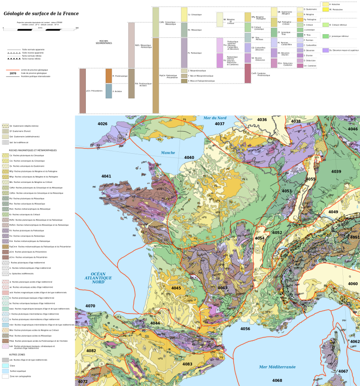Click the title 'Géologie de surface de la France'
(41, 13)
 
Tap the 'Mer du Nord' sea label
(215, 118)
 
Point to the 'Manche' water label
(168, 152)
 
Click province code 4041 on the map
(106, 176)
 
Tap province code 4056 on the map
(245, 329)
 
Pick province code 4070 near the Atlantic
(90, 306)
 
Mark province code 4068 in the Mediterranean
(277, 380)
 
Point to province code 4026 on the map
(102, 124)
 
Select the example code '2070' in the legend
(13, 73)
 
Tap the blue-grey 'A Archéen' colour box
(108, 91)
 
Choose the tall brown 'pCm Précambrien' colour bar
(83, 90)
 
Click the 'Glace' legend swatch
(5, 366)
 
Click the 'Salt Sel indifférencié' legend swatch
(5, 142)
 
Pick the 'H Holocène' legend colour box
(325, 4)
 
